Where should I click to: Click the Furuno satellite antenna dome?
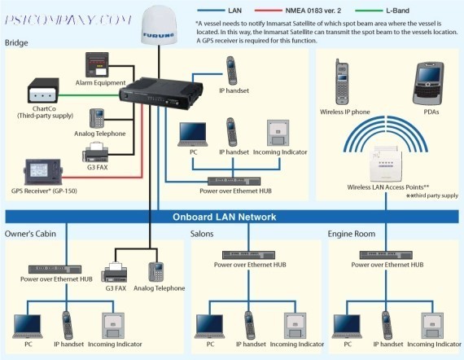[158, 26]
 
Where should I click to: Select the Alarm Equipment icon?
[97, 65]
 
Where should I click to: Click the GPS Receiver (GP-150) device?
[43, 172]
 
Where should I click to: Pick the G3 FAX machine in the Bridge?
[95, 152]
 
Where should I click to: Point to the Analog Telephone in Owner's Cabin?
[156, 272]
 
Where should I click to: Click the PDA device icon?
[428, 84]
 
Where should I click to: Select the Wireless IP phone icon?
[342, 82]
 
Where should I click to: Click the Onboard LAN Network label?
[225, 217]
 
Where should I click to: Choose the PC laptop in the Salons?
[209, 326]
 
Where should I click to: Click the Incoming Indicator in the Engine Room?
[432, 326]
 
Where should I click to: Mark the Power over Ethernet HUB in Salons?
[248, 255]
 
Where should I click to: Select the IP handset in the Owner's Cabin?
[68, 325]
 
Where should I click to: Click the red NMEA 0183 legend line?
[268, 11]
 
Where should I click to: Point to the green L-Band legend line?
[369, 11]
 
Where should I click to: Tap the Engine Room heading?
[351, 234]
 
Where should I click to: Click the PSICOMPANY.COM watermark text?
[68, 20]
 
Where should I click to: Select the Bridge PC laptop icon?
[193, 134]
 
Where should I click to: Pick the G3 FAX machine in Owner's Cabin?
[115, 272]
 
